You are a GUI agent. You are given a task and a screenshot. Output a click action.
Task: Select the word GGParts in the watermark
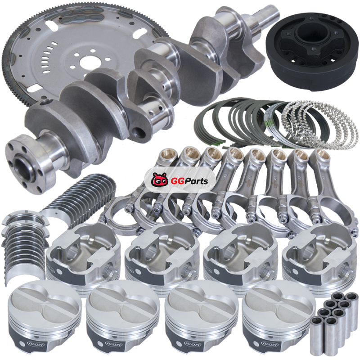tap(189, 181)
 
